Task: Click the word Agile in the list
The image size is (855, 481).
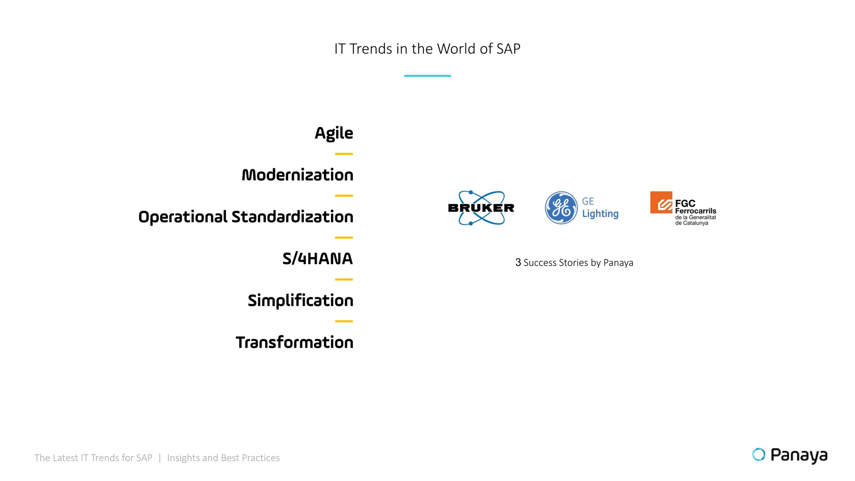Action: point(334,133)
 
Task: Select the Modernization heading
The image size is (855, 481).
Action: point(297,175)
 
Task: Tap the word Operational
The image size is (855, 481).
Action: point(183,217)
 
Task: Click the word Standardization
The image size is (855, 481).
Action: point(292,217)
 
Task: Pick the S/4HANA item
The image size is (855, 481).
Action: point(317,258)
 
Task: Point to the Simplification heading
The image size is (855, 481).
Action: point(300,301)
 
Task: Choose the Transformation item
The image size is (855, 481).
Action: point(294,342)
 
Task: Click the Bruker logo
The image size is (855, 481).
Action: point(481,208)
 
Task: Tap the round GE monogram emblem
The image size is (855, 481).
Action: point(561,208)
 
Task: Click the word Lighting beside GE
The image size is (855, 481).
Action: point(600,214)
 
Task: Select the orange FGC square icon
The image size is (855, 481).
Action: point(661,203)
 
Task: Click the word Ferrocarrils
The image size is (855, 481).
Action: point(696,211)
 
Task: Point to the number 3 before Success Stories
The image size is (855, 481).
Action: point(518,263)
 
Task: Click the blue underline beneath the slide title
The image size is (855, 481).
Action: point(427,76)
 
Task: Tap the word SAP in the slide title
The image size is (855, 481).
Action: point(508,49)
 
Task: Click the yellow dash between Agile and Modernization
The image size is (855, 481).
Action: point(344,154)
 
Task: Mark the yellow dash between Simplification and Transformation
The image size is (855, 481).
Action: point(344,321)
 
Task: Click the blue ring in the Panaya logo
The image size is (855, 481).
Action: point(759,454)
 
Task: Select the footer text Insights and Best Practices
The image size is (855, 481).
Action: point(223,458)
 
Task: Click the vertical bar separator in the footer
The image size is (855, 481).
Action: point(159,458)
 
